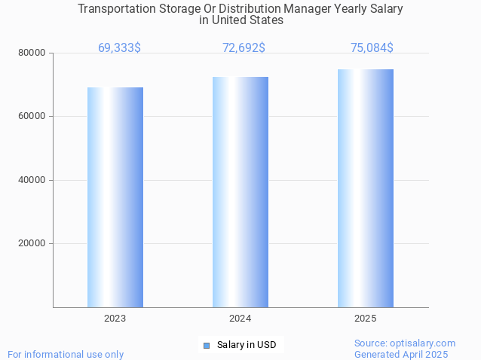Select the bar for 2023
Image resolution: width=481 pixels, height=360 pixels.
pos(115,197)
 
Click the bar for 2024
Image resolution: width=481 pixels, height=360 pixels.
pos(240,192)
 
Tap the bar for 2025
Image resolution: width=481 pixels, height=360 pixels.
pos(366,188)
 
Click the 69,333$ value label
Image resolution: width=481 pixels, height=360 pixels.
pos(119,48)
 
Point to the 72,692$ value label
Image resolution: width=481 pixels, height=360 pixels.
pos(244,48)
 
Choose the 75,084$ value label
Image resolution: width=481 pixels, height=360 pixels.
pos(372,48)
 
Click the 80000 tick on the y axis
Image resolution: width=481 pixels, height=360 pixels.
pos(32,53)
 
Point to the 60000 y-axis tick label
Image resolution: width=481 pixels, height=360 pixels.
pos(32,117)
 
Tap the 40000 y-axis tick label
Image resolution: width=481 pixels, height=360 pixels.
pos(32,180)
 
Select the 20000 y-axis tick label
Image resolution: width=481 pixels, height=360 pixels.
pos(32,244)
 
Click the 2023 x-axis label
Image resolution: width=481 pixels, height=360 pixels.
pos(115,319)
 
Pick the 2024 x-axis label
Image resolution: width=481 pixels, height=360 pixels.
pos(240,319)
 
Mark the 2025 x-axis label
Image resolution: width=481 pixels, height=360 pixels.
pos(366,319)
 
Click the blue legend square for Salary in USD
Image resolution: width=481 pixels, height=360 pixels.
pos(206,346)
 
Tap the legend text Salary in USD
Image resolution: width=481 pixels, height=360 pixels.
pos(247,346)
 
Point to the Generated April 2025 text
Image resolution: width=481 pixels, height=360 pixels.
pos(401,354)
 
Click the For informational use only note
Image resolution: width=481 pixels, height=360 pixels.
pos(66,354)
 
